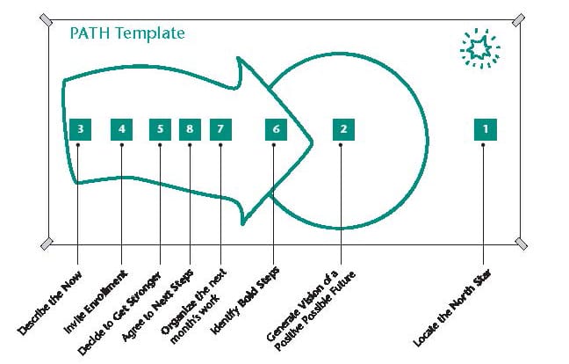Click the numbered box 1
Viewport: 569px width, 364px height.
486,129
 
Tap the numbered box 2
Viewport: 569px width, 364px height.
343,129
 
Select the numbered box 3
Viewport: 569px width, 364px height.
80,129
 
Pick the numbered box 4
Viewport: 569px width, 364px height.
121,129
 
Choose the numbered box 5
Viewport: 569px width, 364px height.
160,129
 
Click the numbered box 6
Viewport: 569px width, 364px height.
276,129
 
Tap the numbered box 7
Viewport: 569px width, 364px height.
220,129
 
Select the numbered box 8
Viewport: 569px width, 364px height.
190,129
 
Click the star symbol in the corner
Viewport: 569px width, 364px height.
480,48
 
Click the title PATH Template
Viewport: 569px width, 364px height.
127,33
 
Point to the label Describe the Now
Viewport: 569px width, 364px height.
49,303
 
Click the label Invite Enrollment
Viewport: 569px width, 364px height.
96,302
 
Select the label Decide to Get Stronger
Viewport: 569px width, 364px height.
119,313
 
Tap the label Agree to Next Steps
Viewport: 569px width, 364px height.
157,305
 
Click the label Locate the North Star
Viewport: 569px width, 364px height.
452,308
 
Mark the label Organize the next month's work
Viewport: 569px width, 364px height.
193,306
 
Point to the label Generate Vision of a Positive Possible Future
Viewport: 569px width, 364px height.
311,310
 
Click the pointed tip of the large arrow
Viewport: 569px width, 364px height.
312,143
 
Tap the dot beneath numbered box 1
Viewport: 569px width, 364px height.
483,145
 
